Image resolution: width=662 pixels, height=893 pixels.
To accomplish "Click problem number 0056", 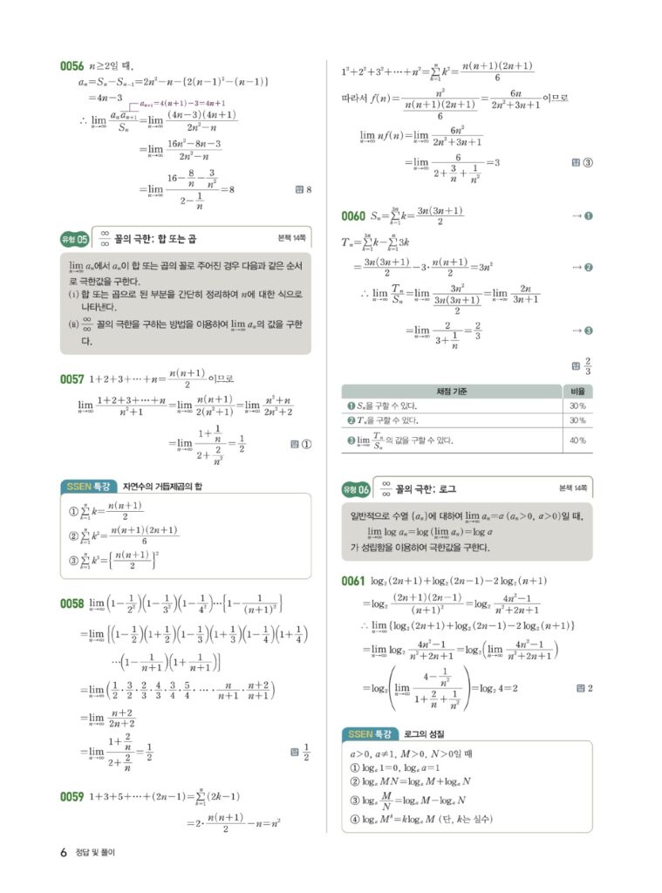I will [72, 65].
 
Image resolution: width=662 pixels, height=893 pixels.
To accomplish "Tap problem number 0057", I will [72, 379].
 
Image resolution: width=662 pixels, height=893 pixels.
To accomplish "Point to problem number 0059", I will [72, 795].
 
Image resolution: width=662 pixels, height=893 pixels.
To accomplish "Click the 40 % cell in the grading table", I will [577, 440].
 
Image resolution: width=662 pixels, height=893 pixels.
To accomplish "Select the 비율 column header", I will [577, 391].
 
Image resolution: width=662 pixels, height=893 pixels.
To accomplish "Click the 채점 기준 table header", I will [451, 391].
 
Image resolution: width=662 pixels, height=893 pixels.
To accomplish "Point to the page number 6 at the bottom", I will [64, 852].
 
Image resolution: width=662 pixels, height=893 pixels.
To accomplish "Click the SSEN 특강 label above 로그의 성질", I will [371, 733].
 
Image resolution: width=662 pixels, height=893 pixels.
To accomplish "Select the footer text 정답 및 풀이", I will [96, 852].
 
